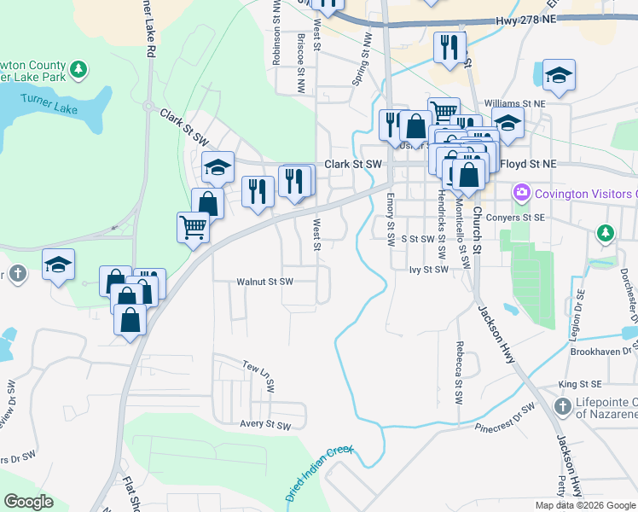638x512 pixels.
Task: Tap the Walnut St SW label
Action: [264, 281]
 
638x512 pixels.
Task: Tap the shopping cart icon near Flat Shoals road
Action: [194, 228]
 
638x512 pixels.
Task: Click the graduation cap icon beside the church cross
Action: [58, 265]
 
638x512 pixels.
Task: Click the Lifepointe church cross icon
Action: [562, 406]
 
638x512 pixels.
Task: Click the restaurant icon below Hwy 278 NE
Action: [449, 47]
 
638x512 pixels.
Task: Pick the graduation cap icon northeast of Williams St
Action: [559, 75]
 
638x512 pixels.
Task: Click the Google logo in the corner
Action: [28, 502]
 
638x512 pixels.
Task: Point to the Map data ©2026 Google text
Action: [585, 505]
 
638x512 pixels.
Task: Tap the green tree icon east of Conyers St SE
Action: [606, 232]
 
